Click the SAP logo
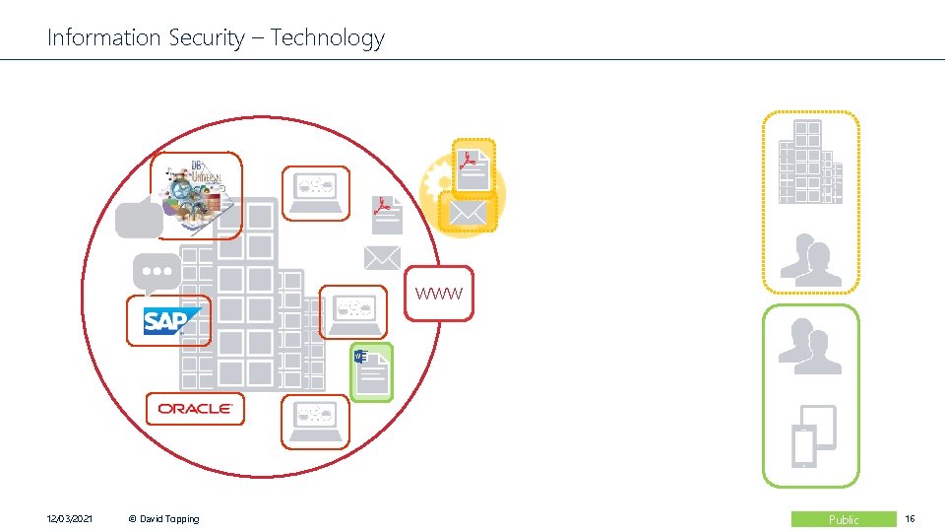click(x=168, y=321)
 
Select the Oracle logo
click(x=195, y=408)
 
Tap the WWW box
click(x=438, y=294)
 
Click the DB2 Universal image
click(x=196, y=194)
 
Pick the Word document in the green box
click(x=371, y=372)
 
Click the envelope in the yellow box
click(x=468, y=212)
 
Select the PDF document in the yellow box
click(x=473, y=165)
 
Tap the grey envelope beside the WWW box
click(x=382, y=257)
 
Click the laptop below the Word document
click(x=315, y=422)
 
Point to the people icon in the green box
click(x=810, y=348)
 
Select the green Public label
click(x=844, y=519)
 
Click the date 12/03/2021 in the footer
click(x=70, y=519)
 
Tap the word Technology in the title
click(x=327, y=38)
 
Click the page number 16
click(x=911, y=519)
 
